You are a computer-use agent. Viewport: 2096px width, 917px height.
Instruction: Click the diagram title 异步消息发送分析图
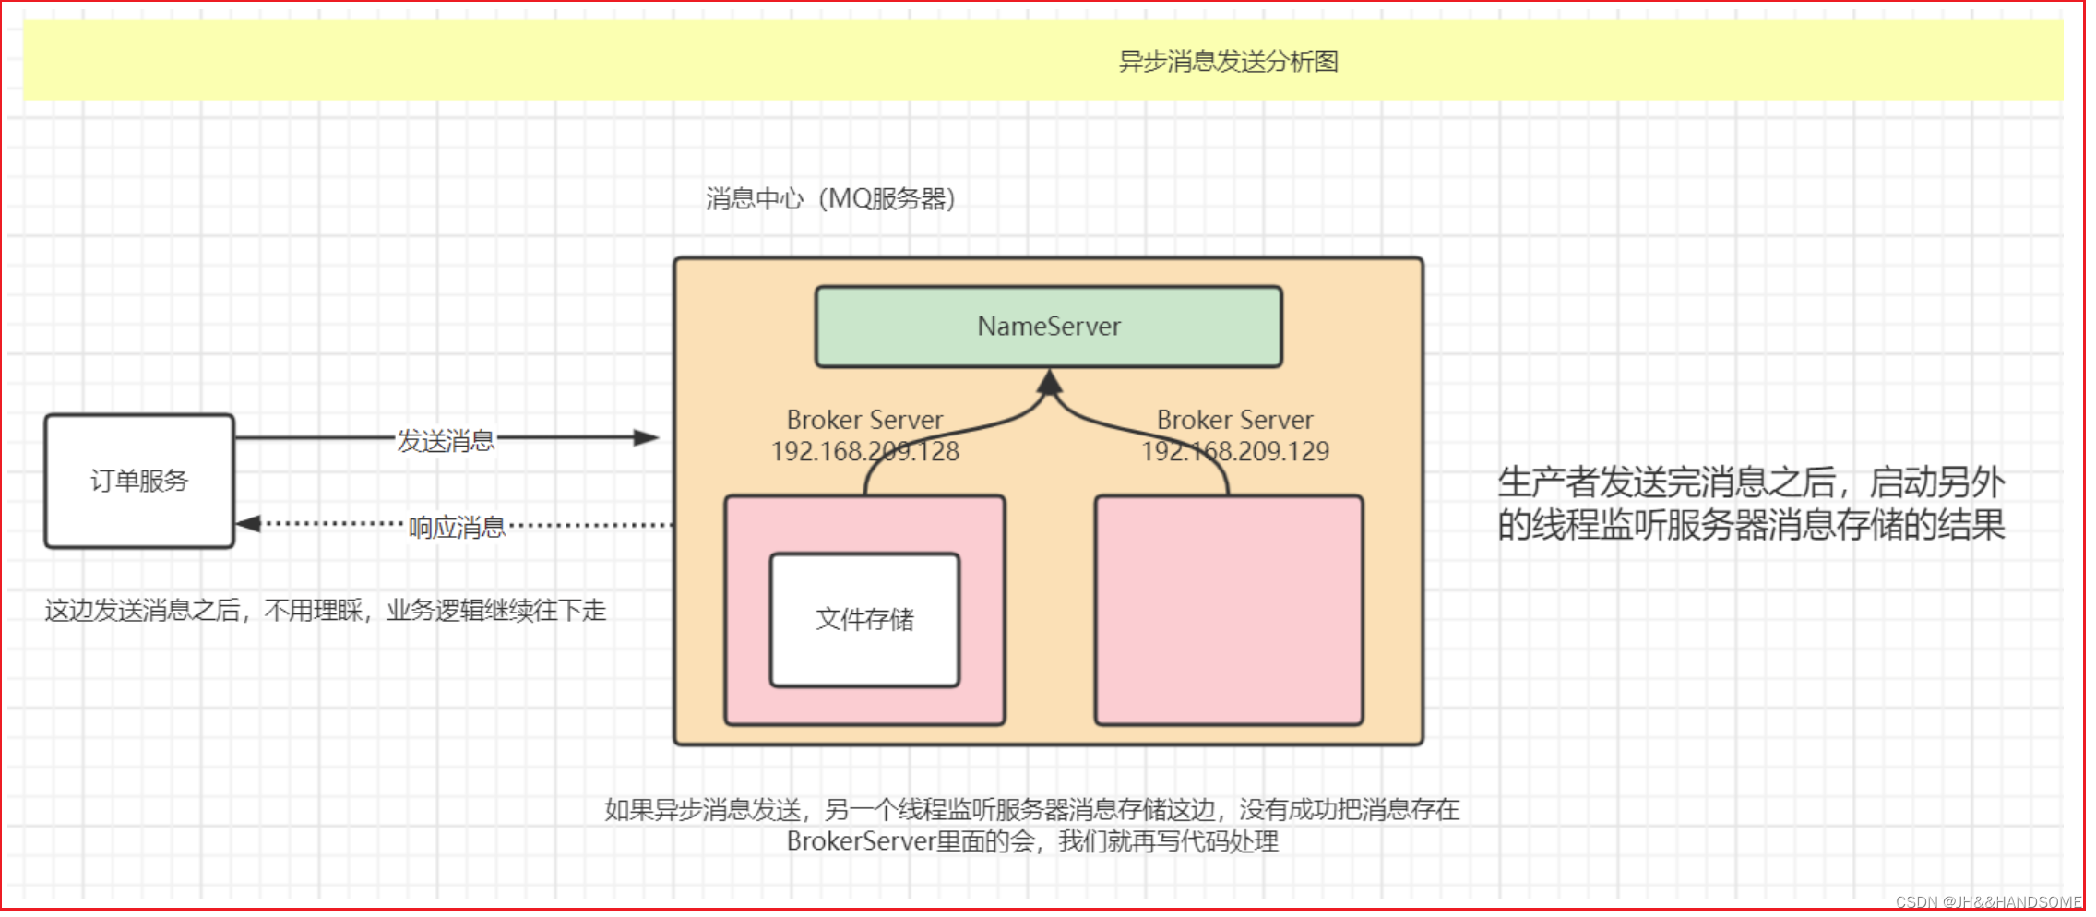click(x=1228, y=62)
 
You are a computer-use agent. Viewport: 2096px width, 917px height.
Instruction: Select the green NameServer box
click(x=1049, y=327)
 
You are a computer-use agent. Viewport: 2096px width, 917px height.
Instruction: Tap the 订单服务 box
click(x=139, y=481)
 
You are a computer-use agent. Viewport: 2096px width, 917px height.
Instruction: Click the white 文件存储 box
click(x=864, y=619)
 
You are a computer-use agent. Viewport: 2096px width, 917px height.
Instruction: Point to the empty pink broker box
click(x=1228, y=610)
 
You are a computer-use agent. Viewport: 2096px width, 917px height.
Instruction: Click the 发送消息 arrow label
click(x=446, y=441)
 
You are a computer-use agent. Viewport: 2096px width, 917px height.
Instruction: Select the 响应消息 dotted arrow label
click(x=457, y=528)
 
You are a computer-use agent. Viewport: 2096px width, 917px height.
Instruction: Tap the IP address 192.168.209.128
click(x=865, y=451)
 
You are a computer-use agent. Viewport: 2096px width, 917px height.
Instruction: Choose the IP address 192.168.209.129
click(x=1235, y=451)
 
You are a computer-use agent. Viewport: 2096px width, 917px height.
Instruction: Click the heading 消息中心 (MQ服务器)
click(x=830, y=199)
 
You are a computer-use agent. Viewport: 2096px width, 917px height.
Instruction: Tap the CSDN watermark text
click(x=1988, y=902)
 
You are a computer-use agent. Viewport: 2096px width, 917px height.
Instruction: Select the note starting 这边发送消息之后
click(x=325, y=611)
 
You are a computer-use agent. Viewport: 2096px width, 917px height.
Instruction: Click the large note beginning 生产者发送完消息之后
click(x=1750, y=504)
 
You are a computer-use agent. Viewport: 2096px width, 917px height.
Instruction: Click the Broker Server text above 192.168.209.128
click(x=864, y=421)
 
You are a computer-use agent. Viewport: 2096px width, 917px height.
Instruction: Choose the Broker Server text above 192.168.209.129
click(x=1234, y=421)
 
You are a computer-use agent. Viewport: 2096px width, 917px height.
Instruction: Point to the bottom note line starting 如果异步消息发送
click(x=1031, y=810)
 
